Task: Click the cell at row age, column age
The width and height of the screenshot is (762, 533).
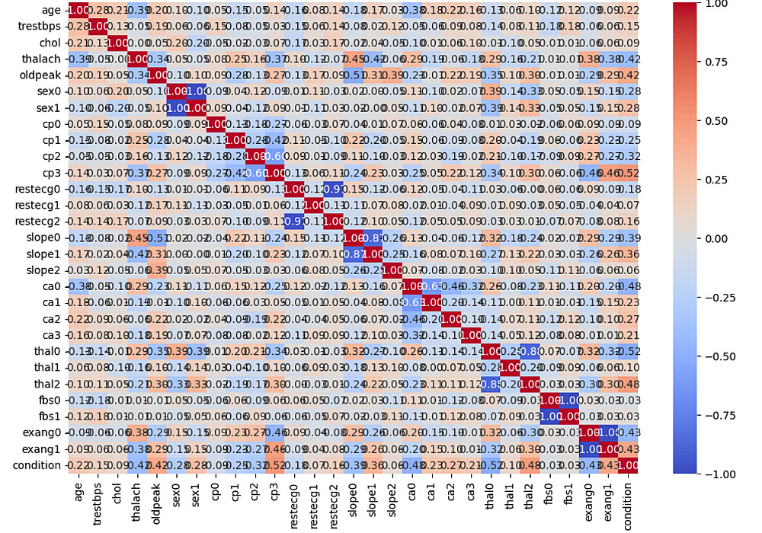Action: pyautogui.click(x=77, y=10)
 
